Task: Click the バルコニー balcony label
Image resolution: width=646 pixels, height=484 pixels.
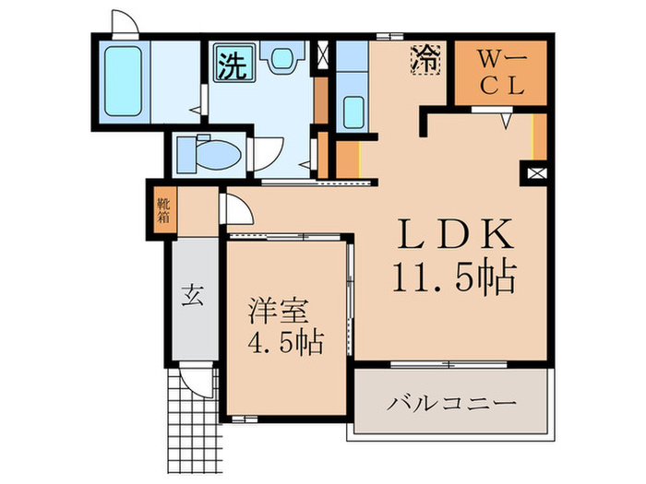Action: (451, 404)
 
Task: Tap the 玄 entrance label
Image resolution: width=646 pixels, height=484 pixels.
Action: (191, 296)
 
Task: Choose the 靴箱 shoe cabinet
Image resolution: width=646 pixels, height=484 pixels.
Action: (162, 211)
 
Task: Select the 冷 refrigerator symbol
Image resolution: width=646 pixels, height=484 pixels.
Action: (425, 62)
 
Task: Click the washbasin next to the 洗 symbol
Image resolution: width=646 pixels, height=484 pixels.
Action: (279, 59)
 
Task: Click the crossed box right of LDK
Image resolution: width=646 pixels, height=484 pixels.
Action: (535, 171)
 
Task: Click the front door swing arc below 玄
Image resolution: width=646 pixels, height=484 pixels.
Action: (197, 380)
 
